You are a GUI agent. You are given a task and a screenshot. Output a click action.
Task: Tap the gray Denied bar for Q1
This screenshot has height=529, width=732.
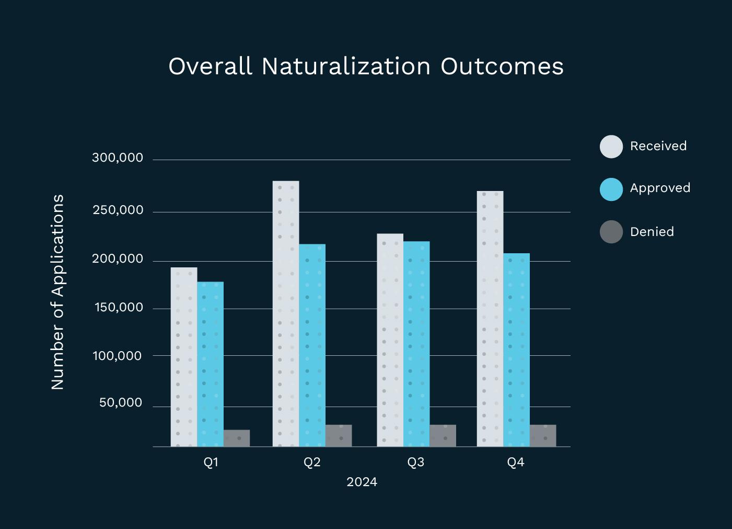pyautogui.click(x=237, y=438)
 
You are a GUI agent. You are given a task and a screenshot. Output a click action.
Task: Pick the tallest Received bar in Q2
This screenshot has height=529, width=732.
pyautogui.click(x=286, y=313)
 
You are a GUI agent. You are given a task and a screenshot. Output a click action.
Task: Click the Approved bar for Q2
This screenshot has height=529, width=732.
pyautogui.click(x=312, y=345)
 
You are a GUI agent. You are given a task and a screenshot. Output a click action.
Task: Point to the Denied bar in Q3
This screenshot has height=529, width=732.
pyautogui.click(x=443, y=435)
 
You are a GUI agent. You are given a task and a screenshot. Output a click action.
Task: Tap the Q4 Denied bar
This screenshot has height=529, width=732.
pyautogui.click(x=543, y=435)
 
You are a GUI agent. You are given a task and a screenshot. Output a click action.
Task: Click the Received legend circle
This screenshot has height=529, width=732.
pyautogui.click(x=611, y=147)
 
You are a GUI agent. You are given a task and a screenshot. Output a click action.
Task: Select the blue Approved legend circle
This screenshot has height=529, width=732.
pyautogui.click(x=611, y=189)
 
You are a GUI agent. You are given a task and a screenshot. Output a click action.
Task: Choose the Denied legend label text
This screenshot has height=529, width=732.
pyautogui.click(x=652, y=232)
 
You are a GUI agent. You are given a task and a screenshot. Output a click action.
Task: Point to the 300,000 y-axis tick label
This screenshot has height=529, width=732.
pyautogui.click(x=118, y=157)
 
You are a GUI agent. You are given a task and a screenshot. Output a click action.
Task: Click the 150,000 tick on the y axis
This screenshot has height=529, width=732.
pyautogui.click(x=119, y=307)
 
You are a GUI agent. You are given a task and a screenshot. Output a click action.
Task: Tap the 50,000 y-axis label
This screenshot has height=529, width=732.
pyautogui.click(x=121, y=402)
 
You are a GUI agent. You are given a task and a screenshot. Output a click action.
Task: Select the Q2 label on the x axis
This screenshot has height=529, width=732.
pyautogui.click(x=312, y=462)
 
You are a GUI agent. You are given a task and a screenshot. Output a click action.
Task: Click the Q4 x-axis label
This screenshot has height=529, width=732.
pyautogui.click(x=516, y=462)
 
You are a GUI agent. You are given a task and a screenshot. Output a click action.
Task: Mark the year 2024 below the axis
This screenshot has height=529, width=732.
pyautogui.click(x=362, y=482)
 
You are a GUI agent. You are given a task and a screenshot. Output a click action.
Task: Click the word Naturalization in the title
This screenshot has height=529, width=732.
pyautogui.click(x=346, y=66)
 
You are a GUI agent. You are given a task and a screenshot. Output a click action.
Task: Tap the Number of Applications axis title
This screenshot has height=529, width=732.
pyautogui.click(x=57, y=292)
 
